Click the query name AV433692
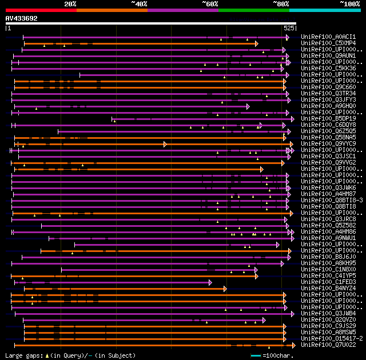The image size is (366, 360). [x=22, y=18]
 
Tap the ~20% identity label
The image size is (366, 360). [x=70, y=3]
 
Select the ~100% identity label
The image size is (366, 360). [x=349, y=3]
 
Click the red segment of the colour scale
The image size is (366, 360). [x=41, y=10]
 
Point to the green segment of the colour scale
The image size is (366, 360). [x=253, y=10]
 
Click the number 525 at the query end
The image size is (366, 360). [x=289, y=27]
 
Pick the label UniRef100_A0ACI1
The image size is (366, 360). [x=328, y=37]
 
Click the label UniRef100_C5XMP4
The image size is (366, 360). [x=328, y=43]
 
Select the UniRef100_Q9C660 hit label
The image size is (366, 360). [x=328, y=87]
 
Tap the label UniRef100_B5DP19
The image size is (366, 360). [x=328, y=119]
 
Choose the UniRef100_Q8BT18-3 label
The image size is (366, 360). [x=332, y=201]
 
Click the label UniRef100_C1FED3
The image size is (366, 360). [x=328, y=282]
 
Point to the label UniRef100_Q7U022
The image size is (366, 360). [x=328, y=345]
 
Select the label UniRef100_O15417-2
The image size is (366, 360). [x=332, y=339]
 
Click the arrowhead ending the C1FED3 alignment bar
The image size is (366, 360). [x=210, y=282]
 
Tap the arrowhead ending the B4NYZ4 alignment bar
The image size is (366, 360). [x=225, y=289]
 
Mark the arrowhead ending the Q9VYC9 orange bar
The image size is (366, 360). [x=165, y=144]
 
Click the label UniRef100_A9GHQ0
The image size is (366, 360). [x=328, y=106]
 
